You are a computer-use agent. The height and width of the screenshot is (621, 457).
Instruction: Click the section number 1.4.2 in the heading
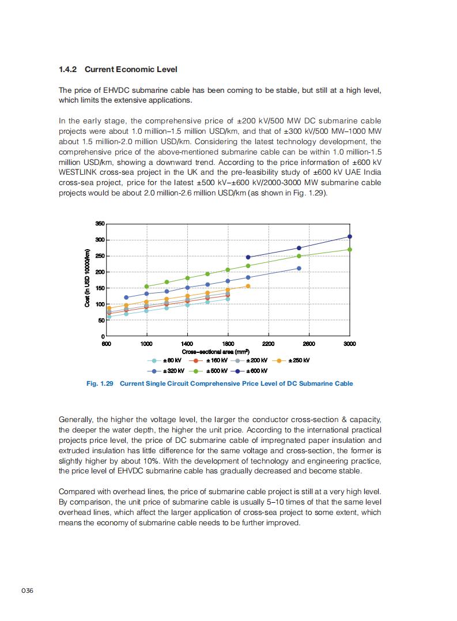(69, 69)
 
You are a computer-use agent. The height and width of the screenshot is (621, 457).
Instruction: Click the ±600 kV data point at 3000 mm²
(350, 236)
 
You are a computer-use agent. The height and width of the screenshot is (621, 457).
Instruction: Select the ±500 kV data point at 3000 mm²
(350, 250)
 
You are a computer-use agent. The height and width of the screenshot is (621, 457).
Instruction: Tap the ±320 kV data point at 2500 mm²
(299, 268)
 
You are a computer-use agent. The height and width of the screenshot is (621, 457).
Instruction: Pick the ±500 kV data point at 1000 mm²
(146, 287)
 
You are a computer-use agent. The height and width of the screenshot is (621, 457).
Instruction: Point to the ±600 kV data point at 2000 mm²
(248, 257)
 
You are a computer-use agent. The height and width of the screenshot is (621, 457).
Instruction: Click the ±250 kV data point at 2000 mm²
(248, 286)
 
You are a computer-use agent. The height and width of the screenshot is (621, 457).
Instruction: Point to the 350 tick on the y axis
(100, 224)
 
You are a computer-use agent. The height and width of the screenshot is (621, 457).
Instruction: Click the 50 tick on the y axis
(101, 320)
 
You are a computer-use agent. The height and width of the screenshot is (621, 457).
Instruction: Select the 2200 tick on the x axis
(268, 344)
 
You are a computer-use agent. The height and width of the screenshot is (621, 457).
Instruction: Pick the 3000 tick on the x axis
(349, 344)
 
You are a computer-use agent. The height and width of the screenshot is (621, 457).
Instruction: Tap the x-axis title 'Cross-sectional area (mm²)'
(216, 352)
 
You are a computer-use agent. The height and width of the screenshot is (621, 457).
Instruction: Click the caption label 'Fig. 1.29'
(100, 383)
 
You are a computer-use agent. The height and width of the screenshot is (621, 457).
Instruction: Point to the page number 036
(27, 591)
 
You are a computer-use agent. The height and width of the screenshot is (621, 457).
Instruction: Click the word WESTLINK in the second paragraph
(80, 172)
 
